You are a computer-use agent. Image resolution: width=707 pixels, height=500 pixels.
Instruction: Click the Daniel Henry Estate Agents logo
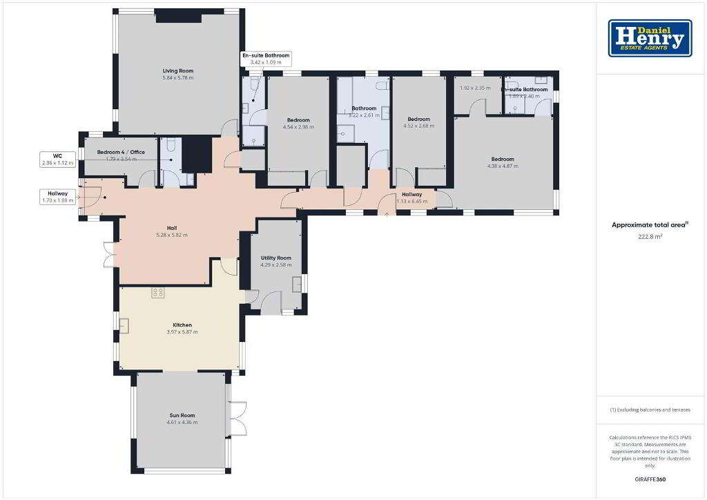coord(650,38)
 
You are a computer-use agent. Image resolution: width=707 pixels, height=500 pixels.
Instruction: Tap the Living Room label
coord(178,70)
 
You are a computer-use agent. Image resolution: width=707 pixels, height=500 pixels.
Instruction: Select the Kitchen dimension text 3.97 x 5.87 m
coord(182,331)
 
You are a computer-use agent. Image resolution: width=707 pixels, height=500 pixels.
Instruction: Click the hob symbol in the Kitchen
coord(158,292)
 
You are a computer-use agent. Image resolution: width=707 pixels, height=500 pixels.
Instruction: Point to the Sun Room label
coord(182,415)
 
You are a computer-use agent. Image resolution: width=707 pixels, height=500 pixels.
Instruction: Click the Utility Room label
coord(276,258)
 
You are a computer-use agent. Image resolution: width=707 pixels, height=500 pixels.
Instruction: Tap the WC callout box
coord(57,160)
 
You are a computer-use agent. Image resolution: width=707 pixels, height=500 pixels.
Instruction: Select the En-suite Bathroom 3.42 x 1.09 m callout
coord(266,59)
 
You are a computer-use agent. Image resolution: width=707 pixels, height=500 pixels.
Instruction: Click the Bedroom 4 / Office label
coord(121,152)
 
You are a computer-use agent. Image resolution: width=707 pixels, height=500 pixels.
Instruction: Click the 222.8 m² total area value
coord(650,236)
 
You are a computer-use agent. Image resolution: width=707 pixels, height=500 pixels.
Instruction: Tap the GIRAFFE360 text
coord(650,479)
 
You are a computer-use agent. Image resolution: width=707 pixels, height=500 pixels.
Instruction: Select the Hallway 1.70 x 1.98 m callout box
coord(57,197)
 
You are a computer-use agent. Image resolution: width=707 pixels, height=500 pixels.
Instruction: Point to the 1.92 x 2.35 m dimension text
coord(475,88)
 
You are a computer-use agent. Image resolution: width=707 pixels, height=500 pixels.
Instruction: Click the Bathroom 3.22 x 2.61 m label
coord(364,111)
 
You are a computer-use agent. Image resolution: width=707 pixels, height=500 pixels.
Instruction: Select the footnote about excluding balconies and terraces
coord(650,410)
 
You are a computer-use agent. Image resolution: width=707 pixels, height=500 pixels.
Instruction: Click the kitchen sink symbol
coord(124,326)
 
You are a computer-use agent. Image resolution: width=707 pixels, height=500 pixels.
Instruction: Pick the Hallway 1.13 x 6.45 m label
coord(412,198)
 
